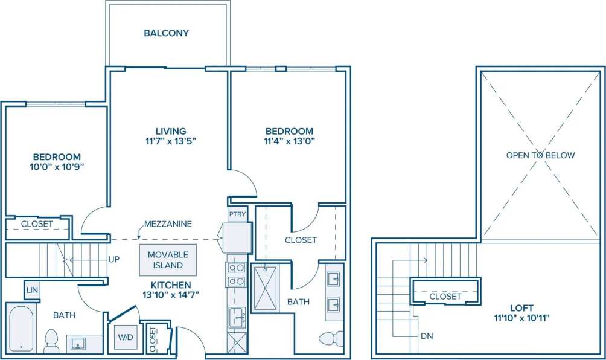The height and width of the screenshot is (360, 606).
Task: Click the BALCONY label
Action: [x=166, y=33]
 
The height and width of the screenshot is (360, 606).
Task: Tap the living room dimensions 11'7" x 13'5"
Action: [x=170, y=142]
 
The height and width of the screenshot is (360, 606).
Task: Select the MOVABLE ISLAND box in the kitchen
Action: [x=168, y=260]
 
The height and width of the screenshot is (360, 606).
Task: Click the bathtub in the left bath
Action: [x=21, y=329]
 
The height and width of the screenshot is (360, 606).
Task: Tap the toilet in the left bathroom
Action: [x=51, y=341]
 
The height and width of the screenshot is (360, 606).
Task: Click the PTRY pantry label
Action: [x=236, y=214]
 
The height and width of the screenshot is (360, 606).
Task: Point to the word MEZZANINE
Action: [x=168, y=224]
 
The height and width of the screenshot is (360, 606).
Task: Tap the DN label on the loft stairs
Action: [x=427, y=336]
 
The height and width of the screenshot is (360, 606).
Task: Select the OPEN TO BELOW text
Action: [x=540, y=155]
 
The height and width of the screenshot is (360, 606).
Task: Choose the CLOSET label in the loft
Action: [x=445, y=297]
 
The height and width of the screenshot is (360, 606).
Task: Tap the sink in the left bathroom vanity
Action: [x=78, y=344]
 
